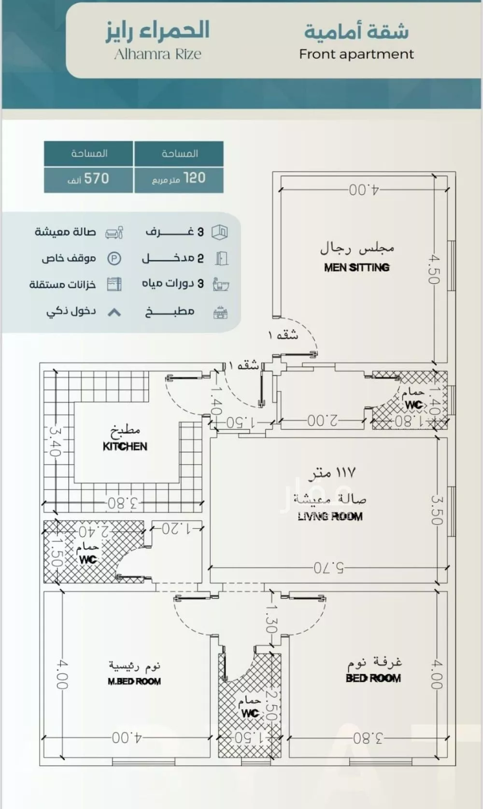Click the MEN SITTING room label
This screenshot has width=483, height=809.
pyautogui.click(x=356, y=267)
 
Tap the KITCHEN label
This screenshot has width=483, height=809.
pyautogui.click(x=125, y=446)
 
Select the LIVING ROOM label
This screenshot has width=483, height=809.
pyautogui.click(x=330, y=516)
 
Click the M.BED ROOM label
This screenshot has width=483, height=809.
pyautogui.click(x=134, y=682)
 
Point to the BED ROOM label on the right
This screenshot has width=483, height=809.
pyautogui.click(x=373, y=678)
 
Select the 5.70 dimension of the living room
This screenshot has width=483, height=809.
pyautogui.click(x=328, y=568)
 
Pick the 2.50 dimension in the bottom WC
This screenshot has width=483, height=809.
pyautogui.click(x=271, y=706)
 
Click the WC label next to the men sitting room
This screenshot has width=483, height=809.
pyautogui.click(x=413, y=404)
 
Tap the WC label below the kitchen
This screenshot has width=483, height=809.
pyautogui.click(x=87, y=559)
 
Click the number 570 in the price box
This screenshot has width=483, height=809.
pyautogui.click(x=97, y=179)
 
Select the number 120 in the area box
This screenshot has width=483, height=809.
pyautogui.click(x=194, y=178)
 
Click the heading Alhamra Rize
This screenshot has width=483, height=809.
pyautogui.click(x=157, y=54)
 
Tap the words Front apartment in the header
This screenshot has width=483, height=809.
pyautogui.click(x=356, y=54)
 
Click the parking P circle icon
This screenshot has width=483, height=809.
pyautogui.click(x=114, y=259)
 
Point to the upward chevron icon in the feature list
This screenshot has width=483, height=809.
pyautogui.click(x=114, y=312)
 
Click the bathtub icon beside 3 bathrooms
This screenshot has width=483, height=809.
pyautogui.click(x=221, y=284)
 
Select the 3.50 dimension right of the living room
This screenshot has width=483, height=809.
pyautogui.click(x=436, y=510)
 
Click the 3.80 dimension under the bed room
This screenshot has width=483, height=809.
pyautogui.click(x=368, y=739)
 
